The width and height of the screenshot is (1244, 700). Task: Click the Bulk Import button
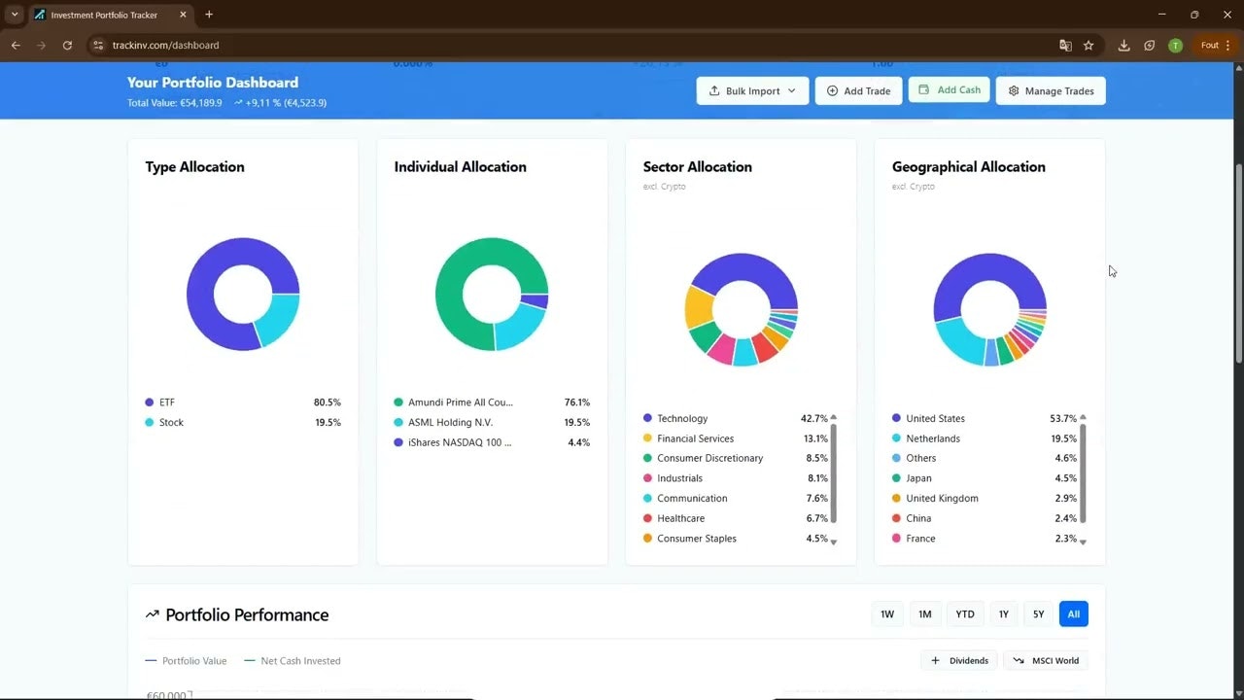(752, 90)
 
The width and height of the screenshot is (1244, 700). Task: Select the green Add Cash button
(950, 89)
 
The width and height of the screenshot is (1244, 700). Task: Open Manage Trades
(1051, 90)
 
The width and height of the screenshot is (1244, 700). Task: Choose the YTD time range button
(964, 613)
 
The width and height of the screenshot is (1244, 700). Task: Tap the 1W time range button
(887, 613)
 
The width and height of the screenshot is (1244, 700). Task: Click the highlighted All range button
(1073, 613)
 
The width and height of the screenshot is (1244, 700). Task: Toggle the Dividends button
(959, 660)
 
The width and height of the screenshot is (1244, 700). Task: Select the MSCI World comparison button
(1046, 660)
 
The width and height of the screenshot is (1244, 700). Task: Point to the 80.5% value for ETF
(327, 402)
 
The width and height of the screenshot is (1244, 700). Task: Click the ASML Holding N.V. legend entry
(450, 422)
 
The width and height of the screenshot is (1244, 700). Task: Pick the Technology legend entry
(682, 418)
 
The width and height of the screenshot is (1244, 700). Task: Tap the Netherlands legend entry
(933, 438)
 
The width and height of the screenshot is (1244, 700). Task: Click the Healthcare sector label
(680, 518)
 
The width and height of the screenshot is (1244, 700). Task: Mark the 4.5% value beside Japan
(1065, 478)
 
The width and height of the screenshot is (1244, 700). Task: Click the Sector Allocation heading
(697, 166)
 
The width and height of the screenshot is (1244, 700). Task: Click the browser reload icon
(67, 45)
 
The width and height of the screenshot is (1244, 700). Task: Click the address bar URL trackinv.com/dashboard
(165, 45)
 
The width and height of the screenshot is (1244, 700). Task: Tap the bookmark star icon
(1088, 45)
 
